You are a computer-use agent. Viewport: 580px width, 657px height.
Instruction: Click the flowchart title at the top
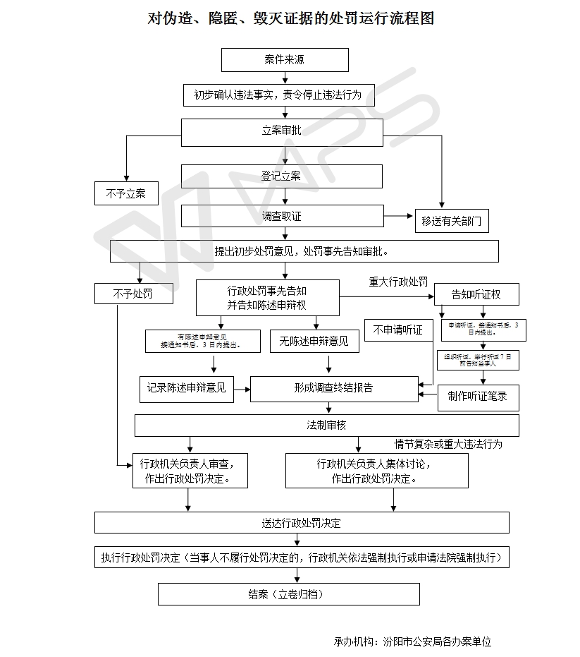[x=290, y=18]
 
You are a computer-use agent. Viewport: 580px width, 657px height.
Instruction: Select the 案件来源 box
[x=285, y=60]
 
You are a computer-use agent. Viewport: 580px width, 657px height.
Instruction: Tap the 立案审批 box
[x=281, y=131]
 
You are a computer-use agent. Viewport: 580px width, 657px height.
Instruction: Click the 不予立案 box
[x=126, y=193]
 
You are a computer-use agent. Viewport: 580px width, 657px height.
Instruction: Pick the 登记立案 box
[x=281, y=176]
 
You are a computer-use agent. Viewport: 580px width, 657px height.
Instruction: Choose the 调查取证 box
[x=281, y=216]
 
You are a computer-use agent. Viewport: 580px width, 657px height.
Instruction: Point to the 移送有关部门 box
[x=451, y=221]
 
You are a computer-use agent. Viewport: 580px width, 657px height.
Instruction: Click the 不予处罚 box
[x=133, y=294]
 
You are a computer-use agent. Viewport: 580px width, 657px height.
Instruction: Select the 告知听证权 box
[x=476, y=294]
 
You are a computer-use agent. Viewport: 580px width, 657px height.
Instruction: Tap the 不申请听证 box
[x=398, y=330]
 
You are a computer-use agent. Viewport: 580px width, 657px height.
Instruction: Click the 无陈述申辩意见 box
[x=314, y=342]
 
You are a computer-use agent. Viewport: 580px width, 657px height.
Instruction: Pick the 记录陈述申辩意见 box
[x=187, y=388]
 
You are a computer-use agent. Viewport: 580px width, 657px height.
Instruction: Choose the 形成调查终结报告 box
[x=334, y=388]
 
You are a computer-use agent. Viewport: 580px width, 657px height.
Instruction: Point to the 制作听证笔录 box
[x=478, y=397]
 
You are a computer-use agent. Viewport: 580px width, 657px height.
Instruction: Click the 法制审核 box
[x=327, y=426]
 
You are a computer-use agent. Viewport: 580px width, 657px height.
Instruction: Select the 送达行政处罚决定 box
[x=302, y=523]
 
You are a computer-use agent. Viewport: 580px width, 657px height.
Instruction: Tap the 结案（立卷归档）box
[x=288, y=594]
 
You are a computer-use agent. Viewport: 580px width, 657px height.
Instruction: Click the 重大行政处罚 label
[x=398, y=282]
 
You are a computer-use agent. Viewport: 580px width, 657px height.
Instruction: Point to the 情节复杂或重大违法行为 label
[x=448, y=445]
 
